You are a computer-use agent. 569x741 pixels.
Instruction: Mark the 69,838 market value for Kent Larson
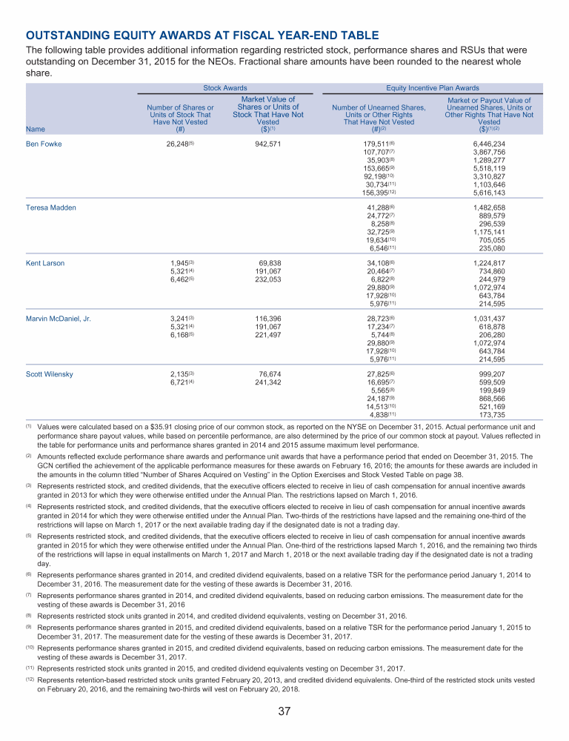tap(270, 263)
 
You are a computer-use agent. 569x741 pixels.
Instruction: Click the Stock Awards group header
tap(225, 87)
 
